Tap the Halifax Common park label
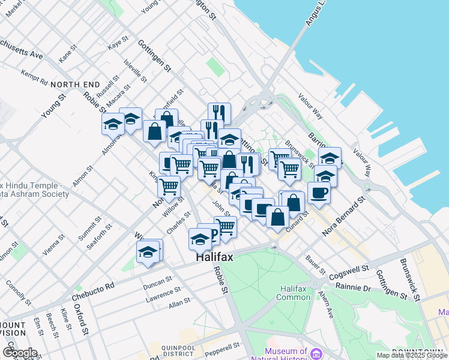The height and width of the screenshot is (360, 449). [x=294, y=293]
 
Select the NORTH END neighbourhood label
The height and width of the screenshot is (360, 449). [x=75, y=85]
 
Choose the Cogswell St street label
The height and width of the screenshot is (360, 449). [x=348, y=271]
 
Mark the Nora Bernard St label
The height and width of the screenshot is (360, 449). [x=344, y=215]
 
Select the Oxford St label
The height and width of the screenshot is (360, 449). [x=82, y=319]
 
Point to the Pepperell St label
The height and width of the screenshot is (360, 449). [x=223, y=346]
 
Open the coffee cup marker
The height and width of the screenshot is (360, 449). [x=319, y=193]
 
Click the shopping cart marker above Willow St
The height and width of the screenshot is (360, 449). [x=169, y=186]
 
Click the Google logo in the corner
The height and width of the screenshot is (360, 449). [x=19, y=353]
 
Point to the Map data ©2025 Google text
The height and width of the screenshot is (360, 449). [x=412, y=356]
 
